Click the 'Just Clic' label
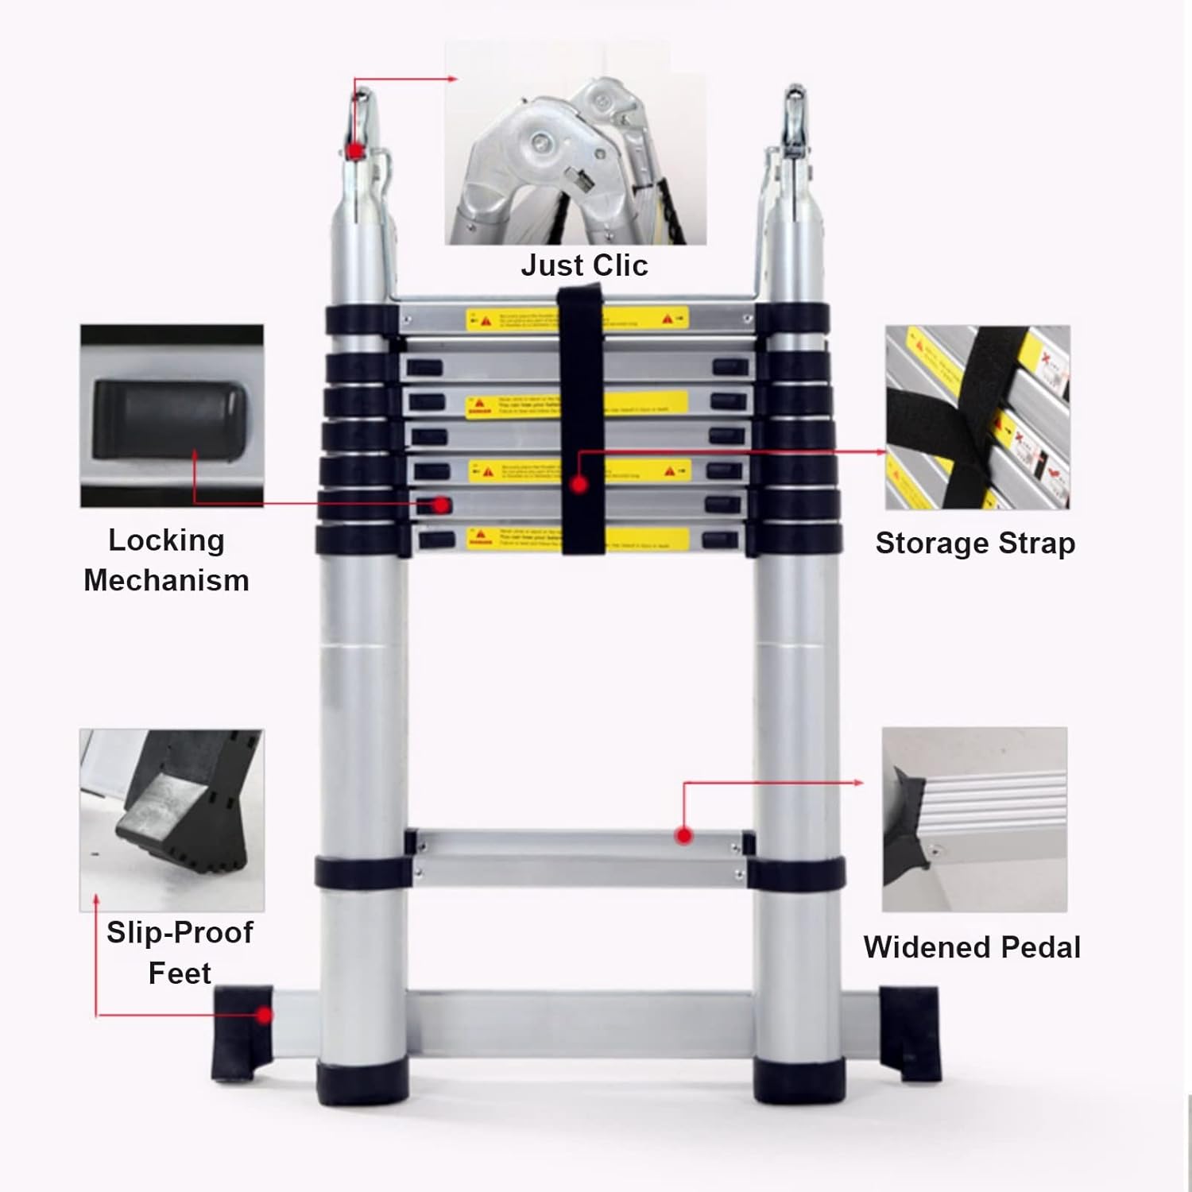click(584, 265)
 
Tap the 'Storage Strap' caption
click(975, 544)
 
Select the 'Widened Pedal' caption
click(972, 947)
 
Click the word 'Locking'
click(166, 540)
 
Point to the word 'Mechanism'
click(166, 581)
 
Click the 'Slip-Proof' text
click(180, 933)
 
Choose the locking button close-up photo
click(172, 416)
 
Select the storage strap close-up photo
click(977, 417)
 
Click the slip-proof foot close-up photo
click(172, 820)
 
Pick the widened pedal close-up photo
click(974, 819)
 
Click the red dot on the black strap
click(579, 483)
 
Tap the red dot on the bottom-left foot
click(264, 1015)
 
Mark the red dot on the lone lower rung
click(683, 835)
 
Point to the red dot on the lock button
click(442, 505)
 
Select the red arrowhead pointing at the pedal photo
click(859, 783)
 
